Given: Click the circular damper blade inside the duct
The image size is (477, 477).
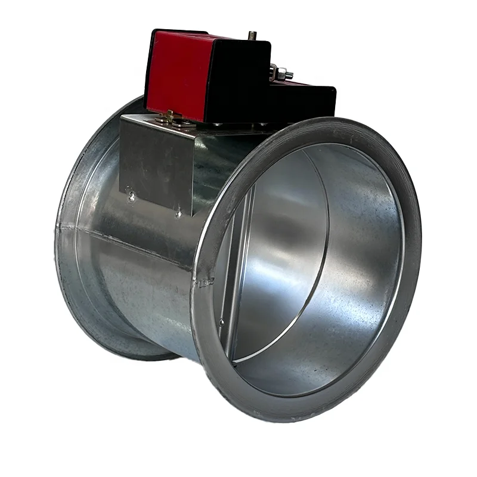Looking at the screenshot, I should pyautogui.click(x=280, y=256).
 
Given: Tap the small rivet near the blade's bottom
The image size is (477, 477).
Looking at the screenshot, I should pyautogui.click(x=222, y=323).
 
